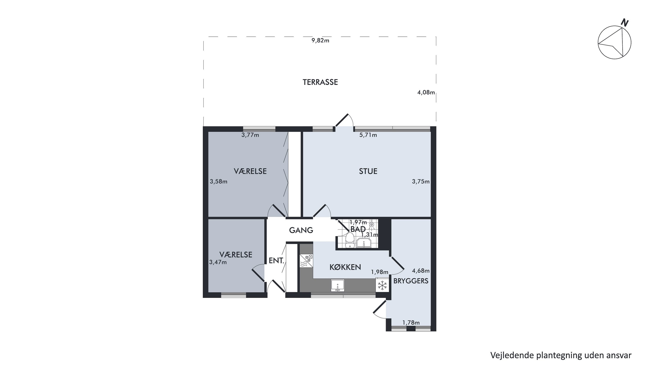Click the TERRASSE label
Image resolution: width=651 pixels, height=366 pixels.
pyautogui.click(x=320, y=82)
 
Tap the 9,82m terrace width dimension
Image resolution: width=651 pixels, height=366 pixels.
pyautogui.click(x=320, y=40)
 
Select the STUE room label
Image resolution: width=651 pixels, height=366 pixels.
pyautogui.click(x=368, y=171)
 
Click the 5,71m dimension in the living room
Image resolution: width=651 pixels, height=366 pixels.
pyautogui.click(x=368, y=135)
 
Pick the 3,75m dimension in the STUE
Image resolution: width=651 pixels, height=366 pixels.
pyautogui.click(x=421, y=182)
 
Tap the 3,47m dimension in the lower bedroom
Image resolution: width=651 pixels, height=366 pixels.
pyautogui.click(x=218, y=262)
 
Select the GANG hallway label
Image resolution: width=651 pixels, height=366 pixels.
pyautogui.click(x=301, y=230)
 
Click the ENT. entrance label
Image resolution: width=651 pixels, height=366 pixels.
pyautogui.click(x=276, y=261)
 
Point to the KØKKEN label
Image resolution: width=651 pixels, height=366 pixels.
pyautogui.click(x=345, y=267)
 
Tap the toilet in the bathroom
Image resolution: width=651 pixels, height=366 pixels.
pyautogui.click(x=350, y=240)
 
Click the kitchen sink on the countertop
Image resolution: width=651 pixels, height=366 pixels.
pyautogui.click(x=337, y=286)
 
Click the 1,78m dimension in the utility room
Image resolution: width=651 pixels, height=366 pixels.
pyautogui.click(x=411, y=323)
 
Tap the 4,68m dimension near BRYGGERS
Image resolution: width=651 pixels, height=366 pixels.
pyautogui.click(x=421, y=271)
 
